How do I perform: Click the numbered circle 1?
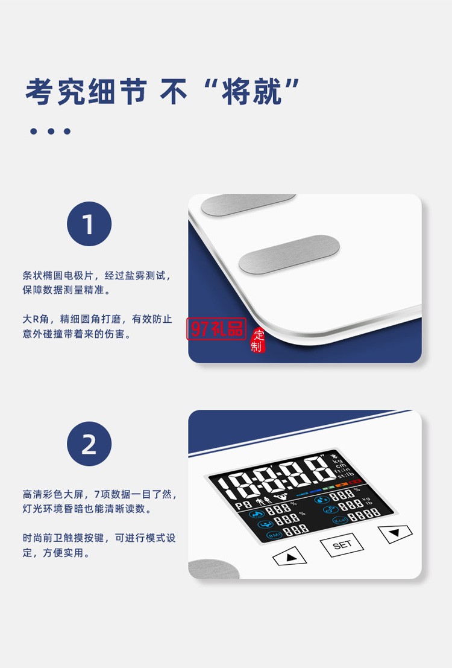click(x=89, y=224)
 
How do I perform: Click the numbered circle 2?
click(x=89, y=444)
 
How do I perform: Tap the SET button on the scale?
click(x=342, y=544)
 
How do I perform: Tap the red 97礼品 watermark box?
click(x=216, y=329)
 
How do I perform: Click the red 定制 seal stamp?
click(x=257, y=340)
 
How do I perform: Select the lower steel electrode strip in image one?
click(x=289, y=254)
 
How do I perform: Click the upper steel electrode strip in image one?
click(x=248, y=204)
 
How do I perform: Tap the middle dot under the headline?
click(x=51, y=132)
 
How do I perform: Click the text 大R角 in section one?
click(x=36, y=319)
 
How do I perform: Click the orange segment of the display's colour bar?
click(x=342, y=484)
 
